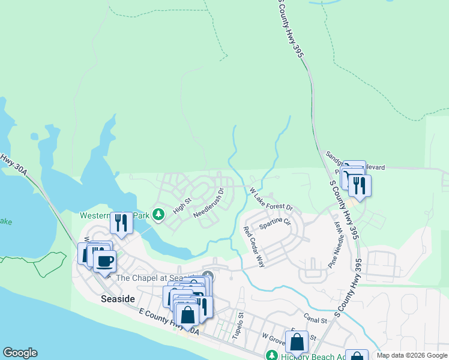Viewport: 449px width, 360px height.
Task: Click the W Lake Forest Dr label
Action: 271,199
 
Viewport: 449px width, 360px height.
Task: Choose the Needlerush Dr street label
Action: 208,203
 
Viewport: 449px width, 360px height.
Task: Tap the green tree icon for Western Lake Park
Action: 158,214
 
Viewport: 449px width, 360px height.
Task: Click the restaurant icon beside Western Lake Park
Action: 122,223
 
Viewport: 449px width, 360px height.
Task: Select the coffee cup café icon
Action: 104,261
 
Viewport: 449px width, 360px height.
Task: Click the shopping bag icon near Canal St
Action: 297,342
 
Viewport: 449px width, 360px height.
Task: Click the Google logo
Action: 20,353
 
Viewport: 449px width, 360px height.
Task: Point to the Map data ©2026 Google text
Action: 412,355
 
